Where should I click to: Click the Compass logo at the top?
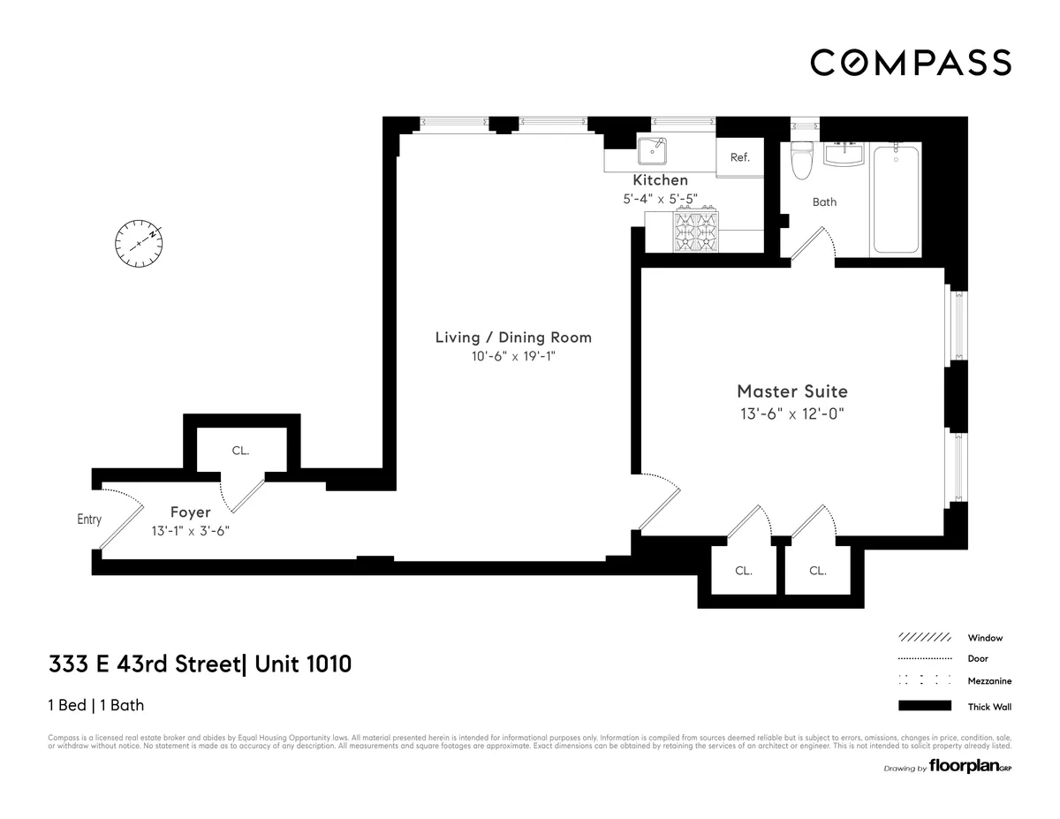911,63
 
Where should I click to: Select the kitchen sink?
654,152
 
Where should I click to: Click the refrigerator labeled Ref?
739,157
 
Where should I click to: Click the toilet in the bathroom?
803,160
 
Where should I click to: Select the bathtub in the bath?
896,199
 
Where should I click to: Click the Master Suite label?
792,391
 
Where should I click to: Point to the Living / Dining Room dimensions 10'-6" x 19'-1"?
513,357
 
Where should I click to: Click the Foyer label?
190,512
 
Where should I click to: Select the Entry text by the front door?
89,519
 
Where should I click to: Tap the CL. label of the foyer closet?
240,451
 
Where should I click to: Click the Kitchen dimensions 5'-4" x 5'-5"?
659,200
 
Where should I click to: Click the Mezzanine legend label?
989,681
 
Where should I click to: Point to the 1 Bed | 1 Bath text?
95,705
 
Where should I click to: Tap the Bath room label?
824,202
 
